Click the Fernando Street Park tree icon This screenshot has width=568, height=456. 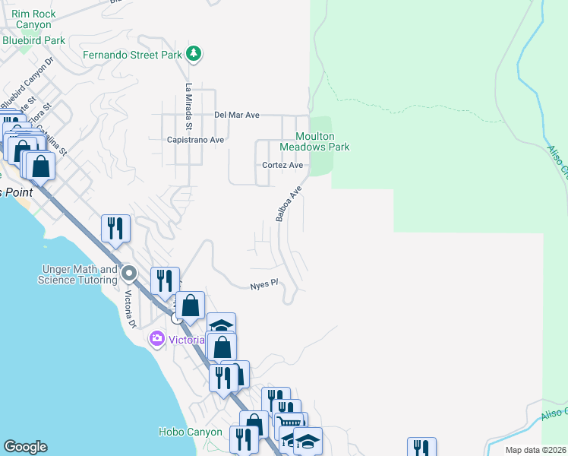pos(194,53)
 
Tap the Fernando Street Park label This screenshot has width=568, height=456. pos(132,55)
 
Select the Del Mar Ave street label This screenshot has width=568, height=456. pos(237,115)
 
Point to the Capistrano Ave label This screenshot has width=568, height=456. pos(196,140)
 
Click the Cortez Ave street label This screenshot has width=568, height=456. pos(282,165)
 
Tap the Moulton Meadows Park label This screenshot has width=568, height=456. pos(314,141)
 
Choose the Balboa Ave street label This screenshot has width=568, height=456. pos(289,204)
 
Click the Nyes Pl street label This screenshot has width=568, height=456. pos(264,285)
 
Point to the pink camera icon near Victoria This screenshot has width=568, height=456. pos(157,337)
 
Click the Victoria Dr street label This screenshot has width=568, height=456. pos(131,309)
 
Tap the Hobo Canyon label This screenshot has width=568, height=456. pos(191,432)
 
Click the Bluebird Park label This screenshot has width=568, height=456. pos(33,40)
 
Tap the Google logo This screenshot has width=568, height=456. pos(25,447)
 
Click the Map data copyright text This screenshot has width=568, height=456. pos(535,450)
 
